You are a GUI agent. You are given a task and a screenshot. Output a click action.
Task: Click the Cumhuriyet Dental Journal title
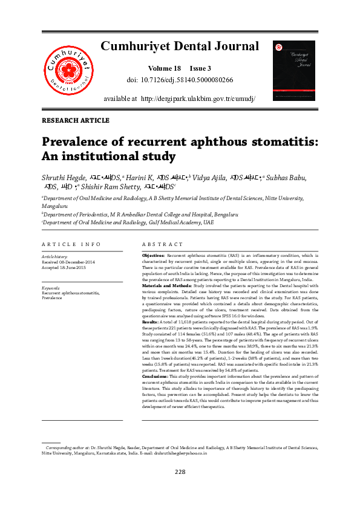click(x=179, y=46)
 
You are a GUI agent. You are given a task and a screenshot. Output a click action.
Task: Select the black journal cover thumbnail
click(x=294, y=70)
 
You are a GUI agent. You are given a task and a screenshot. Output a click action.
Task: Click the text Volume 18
click(x=163, y=68)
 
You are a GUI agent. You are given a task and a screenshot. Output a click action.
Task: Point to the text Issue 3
click(x=201, y=68)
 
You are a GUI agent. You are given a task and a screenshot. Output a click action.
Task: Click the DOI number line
click(x=180, y=79)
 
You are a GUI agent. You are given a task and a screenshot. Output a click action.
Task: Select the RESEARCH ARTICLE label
click(x=76, y=121)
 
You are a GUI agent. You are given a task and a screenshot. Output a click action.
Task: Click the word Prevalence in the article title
click(x=79, y=142)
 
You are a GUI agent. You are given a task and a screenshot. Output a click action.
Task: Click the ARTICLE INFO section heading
click(x=71, y=244)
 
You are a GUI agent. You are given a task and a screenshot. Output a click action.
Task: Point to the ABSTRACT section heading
click(x=162, y=244)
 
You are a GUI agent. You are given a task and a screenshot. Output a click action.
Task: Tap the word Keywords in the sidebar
click(x=50, y=288)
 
